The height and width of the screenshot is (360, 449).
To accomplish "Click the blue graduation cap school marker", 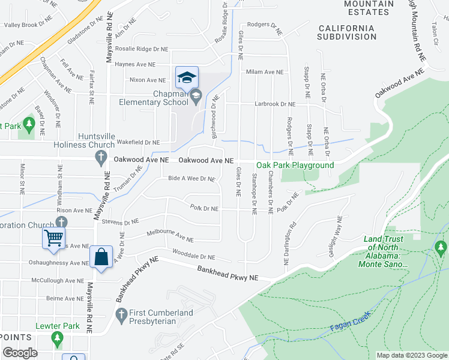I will point(187,77).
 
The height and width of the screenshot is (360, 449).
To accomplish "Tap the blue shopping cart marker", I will point(53,238).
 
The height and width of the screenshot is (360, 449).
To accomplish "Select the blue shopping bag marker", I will point(101,258).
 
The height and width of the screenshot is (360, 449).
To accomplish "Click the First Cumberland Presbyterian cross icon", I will point(121,314).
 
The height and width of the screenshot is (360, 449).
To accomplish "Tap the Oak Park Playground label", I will point(295,165).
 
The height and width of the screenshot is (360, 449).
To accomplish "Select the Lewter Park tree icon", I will point(58,339).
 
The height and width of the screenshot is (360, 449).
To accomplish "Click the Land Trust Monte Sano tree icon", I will point(441,247).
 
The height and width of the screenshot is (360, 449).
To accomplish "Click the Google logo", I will point(20,353).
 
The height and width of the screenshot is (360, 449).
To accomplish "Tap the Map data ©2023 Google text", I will point(411,355).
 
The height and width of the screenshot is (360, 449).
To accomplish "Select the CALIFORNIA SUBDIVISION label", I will point(347,32).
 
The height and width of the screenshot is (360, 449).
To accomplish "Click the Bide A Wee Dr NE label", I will point(191,179).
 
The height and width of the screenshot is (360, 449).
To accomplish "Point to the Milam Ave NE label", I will point(265,72).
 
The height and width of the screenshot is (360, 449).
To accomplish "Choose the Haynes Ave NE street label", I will point(135,64).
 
